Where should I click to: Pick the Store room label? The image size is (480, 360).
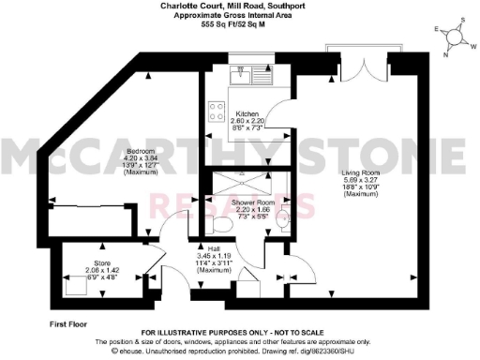click(102, 263)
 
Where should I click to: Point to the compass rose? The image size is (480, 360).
click(457, 37)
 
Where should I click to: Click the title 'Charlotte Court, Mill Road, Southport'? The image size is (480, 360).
click(240, 5)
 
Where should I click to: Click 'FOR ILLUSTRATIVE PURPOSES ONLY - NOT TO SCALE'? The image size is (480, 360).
click(240, 334)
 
